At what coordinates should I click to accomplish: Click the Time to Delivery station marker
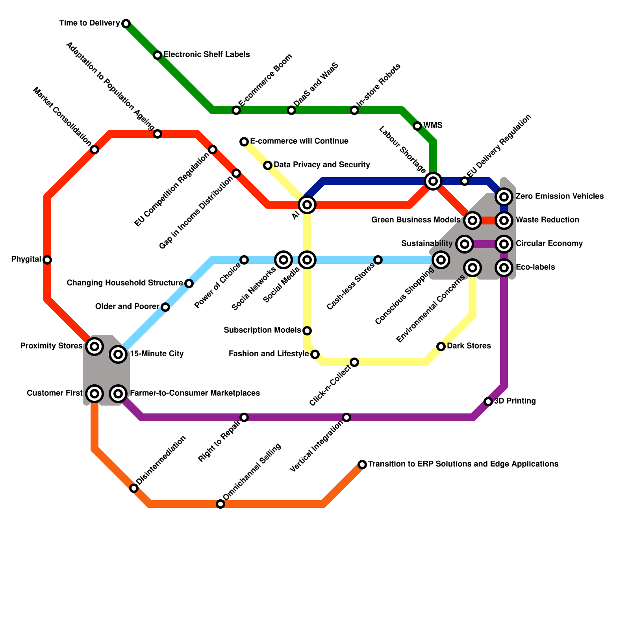pos(126,24)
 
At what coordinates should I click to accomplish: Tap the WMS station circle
pos(417,126)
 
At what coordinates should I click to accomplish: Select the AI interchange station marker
pos(307,205)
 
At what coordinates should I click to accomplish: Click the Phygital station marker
pos(47,260)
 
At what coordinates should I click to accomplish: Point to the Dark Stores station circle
pos(441,346)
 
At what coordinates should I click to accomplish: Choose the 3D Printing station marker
pos(488,402)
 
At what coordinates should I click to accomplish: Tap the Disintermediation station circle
pos(134,488)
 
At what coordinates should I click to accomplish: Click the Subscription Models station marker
pos(307,331)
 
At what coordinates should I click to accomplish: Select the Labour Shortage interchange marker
pos(433,181)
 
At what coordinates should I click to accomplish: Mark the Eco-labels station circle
pos(504,268)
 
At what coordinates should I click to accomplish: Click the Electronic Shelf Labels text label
pos(207,55)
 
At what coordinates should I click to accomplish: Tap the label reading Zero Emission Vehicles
pos(560,196)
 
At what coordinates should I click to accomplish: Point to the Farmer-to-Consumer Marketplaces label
pos(195,393)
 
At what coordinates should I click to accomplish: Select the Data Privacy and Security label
pos(322,165)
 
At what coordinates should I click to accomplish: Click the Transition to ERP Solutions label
pos(463,464)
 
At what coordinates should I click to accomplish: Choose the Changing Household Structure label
pos(125,283)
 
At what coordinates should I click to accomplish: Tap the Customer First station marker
pos(94,394)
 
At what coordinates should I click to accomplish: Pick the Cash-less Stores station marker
pos(378,260)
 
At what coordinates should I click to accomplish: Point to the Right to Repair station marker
pos(244,417)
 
